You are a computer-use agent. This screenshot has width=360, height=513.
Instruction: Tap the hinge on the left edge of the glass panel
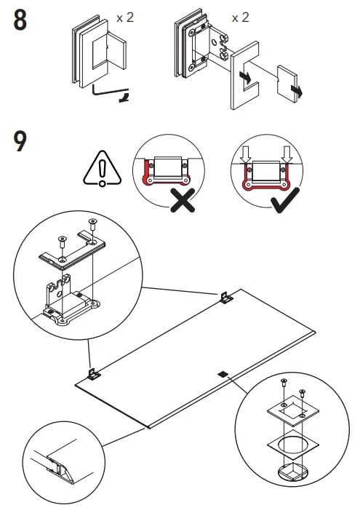tap(94, 374)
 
